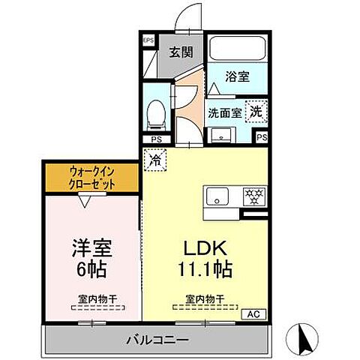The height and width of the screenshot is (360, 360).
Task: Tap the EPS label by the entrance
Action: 148,40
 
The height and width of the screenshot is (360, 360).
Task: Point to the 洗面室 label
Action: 225,113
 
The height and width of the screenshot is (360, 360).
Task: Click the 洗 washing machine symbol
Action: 257,110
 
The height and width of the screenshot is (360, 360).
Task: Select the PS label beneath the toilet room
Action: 156,139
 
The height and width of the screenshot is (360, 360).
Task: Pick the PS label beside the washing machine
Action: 261,138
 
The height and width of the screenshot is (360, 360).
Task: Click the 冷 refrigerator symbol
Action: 154,159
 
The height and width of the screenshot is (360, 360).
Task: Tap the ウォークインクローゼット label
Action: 93,177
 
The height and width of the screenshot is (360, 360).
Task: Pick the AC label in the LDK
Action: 252,313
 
